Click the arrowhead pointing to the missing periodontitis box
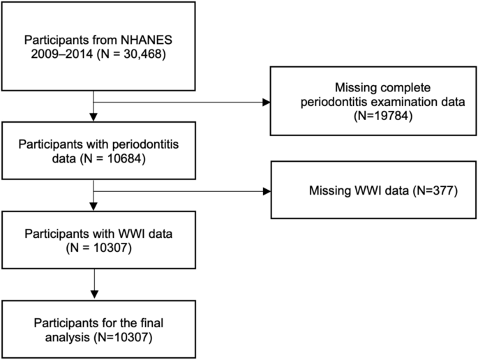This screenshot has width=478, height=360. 266,102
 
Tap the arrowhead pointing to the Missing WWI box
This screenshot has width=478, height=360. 266,190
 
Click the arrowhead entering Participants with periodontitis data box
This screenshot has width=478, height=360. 94,118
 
